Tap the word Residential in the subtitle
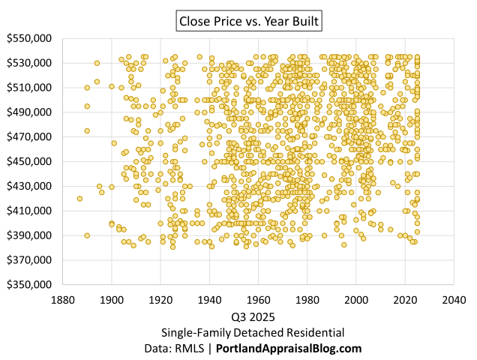point(316,332)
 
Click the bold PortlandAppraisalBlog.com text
point(289,349)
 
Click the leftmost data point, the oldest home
point(79,199)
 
